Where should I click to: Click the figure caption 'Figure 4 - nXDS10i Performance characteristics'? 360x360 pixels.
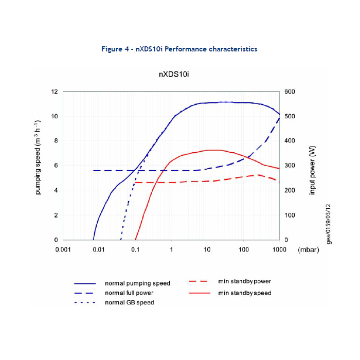(179, 49)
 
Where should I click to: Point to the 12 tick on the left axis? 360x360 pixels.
(55, 92)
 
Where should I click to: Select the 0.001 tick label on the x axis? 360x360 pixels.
(63, 249)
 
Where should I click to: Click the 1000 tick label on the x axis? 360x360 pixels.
(279, 249)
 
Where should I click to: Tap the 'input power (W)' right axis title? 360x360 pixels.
(312, 169)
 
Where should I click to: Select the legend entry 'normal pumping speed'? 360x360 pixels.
(137, 283)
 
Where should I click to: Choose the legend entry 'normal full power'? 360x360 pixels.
(130, 293)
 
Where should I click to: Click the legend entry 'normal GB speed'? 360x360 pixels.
(129, 302)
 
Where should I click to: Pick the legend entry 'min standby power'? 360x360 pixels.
(244, 281)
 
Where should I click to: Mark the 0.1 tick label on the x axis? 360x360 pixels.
(135, 249)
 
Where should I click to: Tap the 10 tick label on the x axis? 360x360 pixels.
(207, 249)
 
